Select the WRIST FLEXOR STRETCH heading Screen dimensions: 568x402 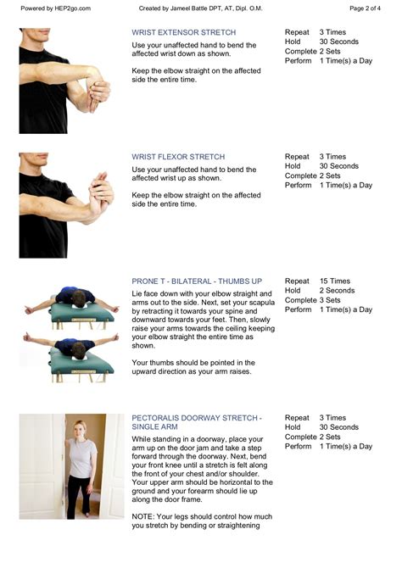[178, 157]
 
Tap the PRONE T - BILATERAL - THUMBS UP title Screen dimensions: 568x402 [197, 281]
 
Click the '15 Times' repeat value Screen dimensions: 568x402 [335, 281]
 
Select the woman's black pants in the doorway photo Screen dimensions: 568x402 [81, 496]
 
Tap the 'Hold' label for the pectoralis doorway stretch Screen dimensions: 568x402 [293, 427]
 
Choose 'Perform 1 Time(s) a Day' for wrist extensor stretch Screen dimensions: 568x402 [328, 60]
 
